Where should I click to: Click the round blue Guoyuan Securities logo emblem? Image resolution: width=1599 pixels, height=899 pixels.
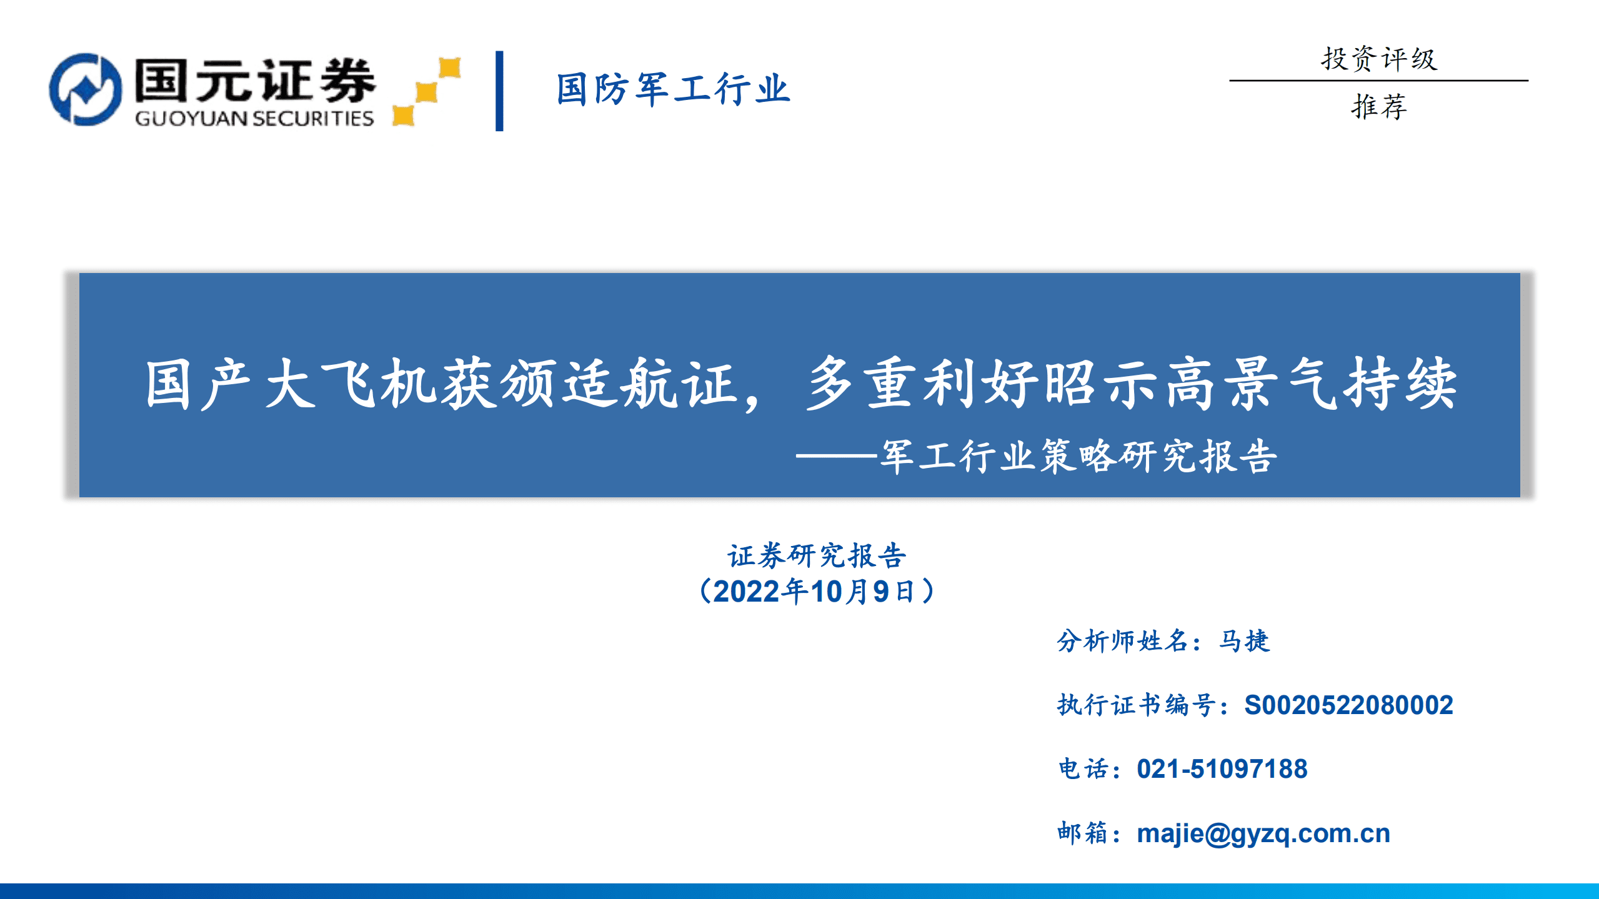(86, 89)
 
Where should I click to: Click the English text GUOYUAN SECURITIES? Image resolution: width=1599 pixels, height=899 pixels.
(254, 118)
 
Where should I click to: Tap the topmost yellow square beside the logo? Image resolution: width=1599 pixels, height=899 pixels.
(449, 67)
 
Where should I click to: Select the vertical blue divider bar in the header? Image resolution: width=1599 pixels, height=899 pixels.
(499, 91)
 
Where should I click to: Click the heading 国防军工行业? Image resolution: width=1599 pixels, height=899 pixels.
(673, 89)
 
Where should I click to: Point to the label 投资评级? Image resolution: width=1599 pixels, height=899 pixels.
(1378, 59)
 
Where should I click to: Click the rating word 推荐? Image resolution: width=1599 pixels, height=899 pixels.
(1378, 106)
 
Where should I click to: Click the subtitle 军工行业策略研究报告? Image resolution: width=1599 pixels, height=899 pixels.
(1079, 456)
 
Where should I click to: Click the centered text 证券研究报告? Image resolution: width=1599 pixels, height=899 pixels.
(816, 555)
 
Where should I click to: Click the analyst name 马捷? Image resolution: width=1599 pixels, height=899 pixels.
(1244, 641)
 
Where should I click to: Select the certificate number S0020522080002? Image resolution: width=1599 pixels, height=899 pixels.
(1348, 705)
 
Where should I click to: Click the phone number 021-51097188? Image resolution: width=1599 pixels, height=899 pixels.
(1222, 769)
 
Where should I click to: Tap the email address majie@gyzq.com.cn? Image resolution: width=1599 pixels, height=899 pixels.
(1263, 833)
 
